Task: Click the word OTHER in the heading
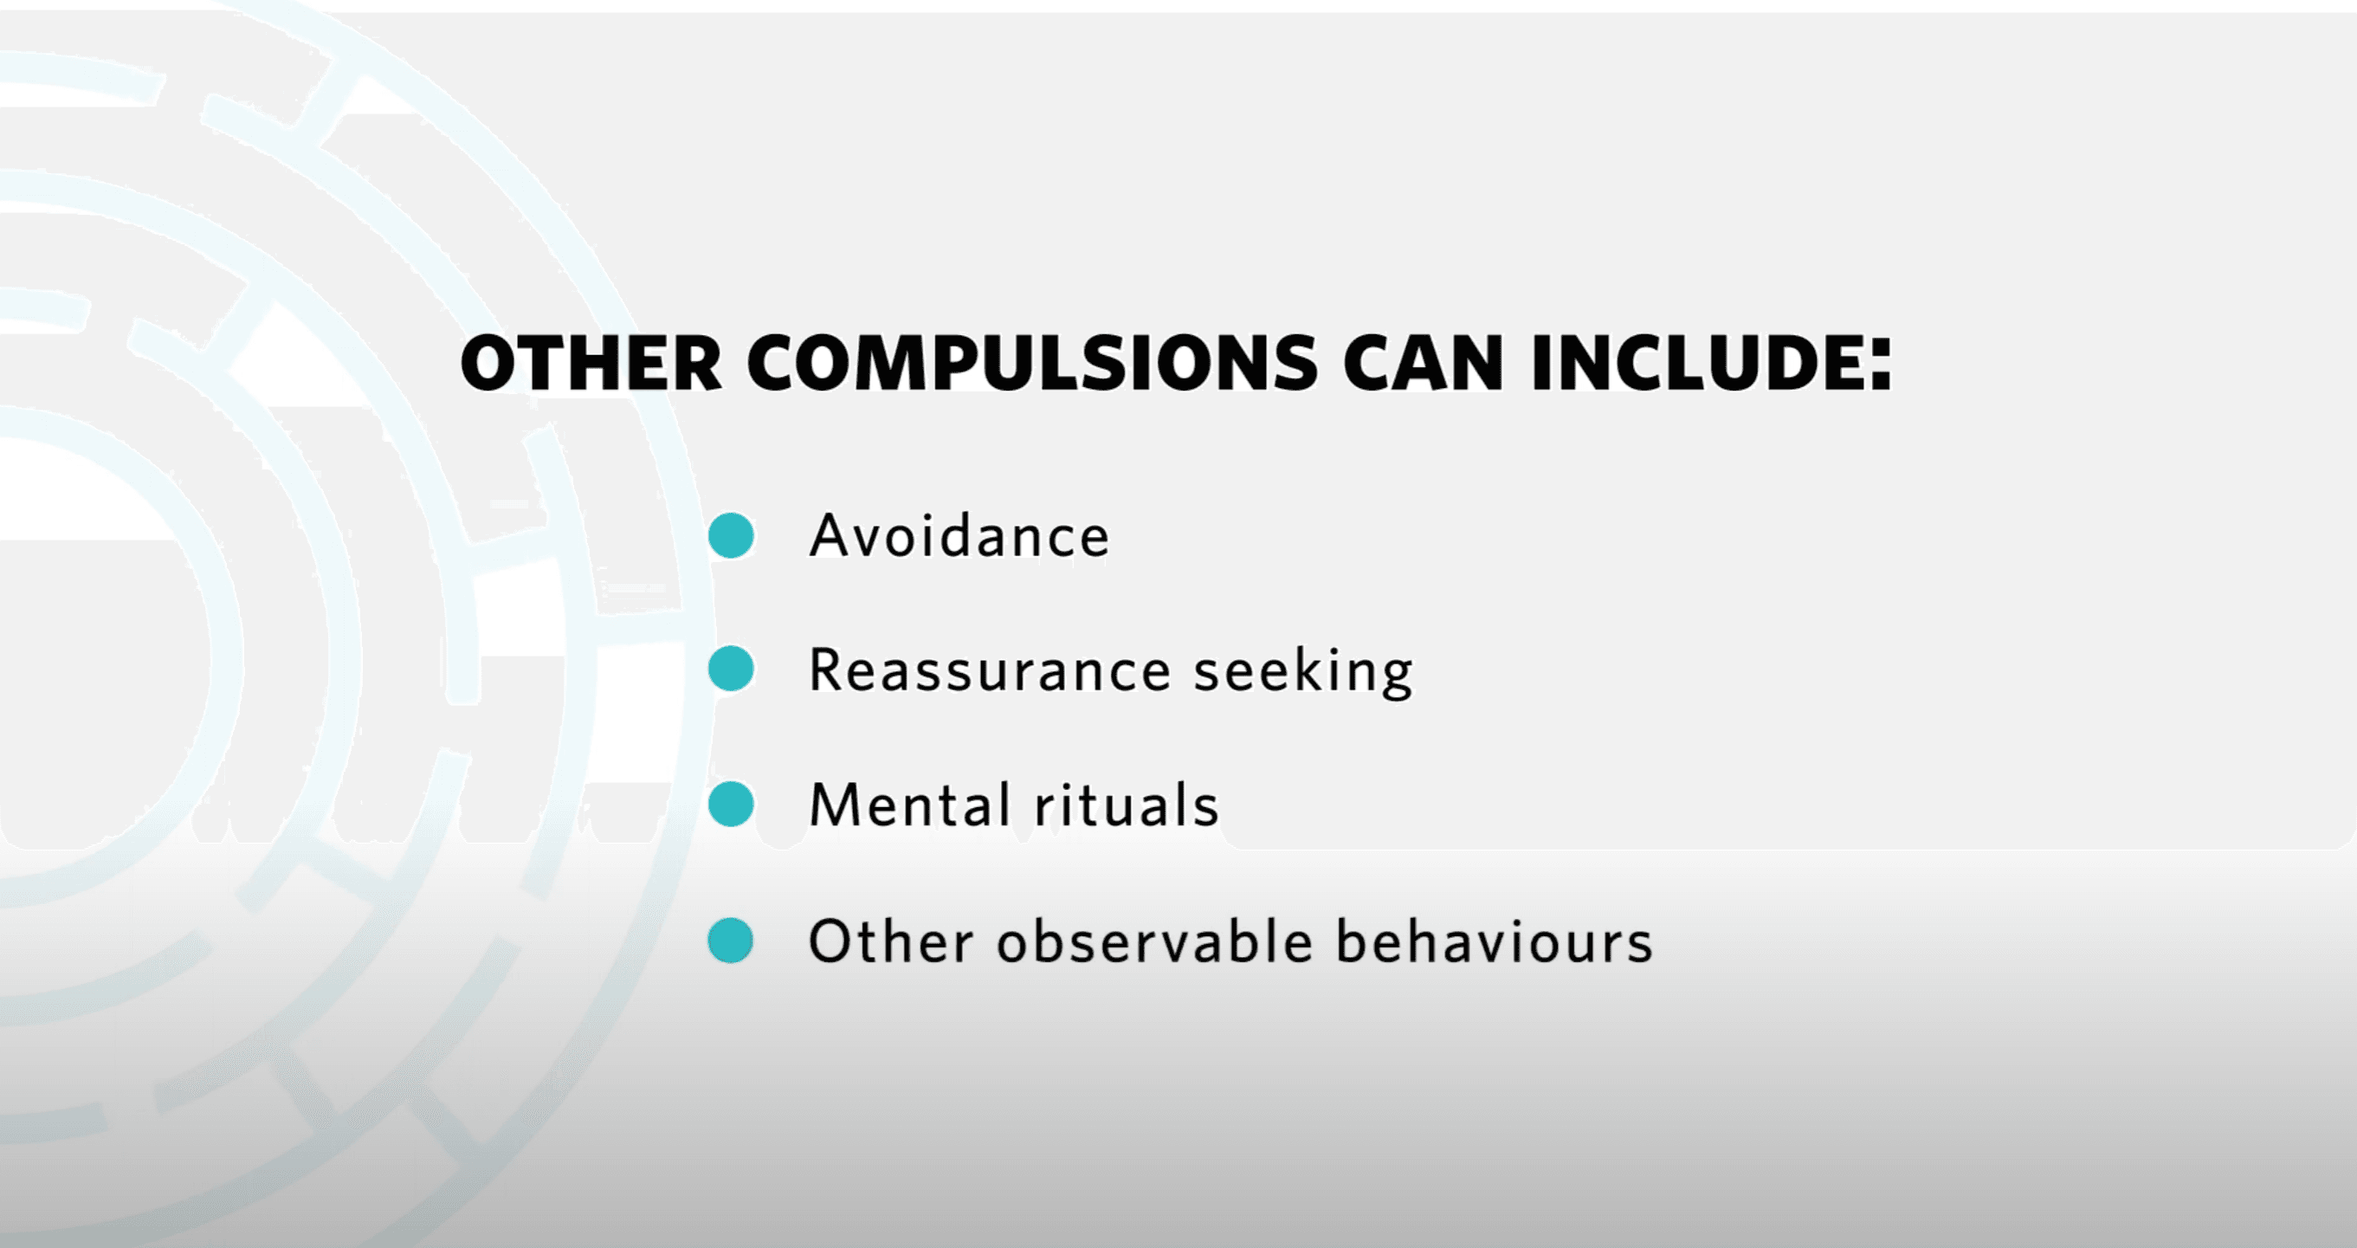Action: tap(591, 363)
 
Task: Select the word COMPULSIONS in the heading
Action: tap(1033, 363)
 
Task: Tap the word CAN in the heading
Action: tap(1423, 363)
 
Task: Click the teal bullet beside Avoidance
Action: tap(731, 535)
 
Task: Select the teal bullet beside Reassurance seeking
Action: tap(731, 669)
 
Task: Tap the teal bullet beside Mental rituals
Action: tap(731, 805)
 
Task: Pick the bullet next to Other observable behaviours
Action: tap(731, 941)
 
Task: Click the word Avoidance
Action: tap(959, 535)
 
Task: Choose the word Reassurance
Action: tap(990, 670)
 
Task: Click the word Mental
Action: tap(909, 805)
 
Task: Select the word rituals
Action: tap(1127, 805)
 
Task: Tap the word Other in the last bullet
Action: tap(891, 941)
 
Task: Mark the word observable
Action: tap(1156, 941)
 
